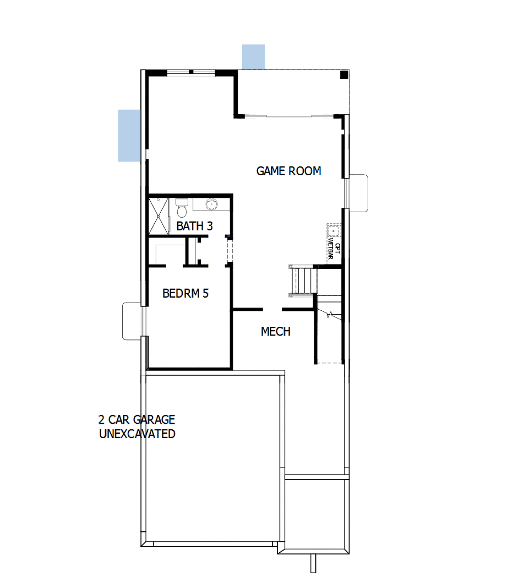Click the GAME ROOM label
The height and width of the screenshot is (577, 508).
point(288,171)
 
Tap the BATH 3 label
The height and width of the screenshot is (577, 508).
point(194,226)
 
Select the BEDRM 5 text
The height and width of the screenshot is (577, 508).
point(185,293)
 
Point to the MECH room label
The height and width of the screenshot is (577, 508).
point(275,332)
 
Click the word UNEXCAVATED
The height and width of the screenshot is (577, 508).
point(137,434)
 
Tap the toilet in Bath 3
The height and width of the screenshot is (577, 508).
point(181,209)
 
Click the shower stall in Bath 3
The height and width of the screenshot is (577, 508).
point(159,215)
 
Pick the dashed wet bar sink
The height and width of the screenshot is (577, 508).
point(334,229)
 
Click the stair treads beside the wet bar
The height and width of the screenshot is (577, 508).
point(302,281)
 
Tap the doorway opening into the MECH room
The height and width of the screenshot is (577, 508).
point(273,309)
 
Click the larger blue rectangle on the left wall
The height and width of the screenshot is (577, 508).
point(129,135)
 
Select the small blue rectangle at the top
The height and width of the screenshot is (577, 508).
point(254,57)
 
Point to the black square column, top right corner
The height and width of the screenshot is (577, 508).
point(343,75)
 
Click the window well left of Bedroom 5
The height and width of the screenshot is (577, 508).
point(132,320)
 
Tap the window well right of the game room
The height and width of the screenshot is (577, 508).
point(358,193)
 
